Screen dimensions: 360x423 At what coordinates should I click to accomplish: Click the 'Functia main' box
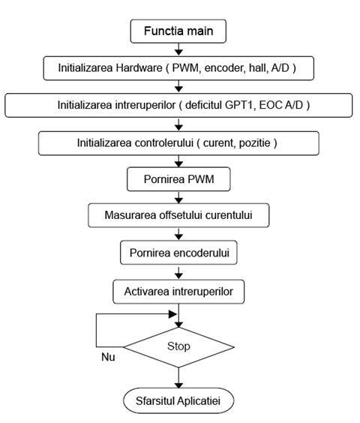tap(178, 31)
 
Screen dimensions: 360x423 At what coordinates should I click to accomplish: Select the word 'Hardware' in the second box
tap(139, 67)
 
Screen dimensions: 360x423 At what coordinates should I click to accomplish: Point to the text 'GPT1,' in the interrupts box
tap(240, 105)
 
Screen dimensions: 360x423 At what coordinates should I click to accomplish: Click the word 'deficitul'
tap(203, 105)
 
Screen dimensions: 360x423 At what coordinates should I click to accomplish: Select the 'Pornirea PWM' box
tap(178, 179)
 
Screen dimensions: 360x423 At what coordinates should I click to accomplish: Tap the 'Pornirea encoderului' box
tap(178, 253)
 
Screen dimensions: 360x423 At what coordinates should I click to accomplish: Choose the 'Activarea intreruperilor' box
tap(178, 292)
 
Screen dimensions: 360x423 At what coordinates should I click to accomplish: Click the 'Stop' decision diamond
tap(178, 347)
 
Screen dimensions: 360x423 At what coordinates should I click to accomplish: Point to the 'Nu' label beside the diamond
tap(108, 357)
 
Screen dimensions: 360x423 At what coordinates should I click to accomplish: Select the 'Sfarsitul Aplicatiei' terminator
tap(178, 400)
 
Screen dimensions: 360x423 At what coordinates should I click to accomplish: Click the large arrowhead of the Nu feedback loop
tap(172, 314)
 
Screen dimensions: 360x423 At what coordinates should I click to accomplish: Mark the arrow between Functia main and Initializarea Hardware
tap(178, 49)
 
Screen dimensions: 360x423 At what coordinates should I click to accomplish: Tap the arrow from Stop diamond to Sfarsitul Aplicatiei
tap(178, 378)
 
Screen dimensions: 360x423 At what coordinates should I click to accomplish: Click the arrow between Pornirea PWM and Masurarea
tap(178, 197)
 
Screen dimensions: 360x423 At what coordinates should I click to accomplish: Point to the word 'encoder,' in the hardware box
tap(225, 68)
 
